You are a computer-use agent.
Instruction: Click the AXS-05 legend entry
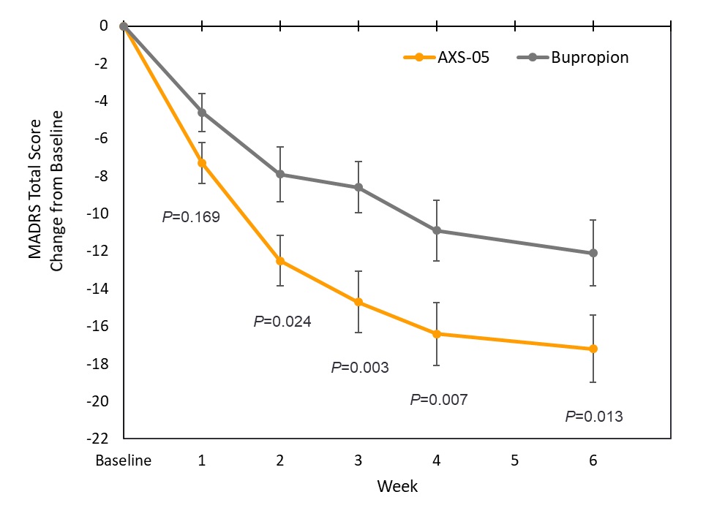(447, 58)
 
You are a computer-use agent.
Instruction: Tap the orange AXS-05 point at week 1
(202, 163)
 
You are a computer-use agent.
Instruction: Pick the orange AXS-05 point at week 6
(593, 349)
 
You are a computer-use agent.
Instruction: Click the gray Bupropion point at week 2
(280, 174)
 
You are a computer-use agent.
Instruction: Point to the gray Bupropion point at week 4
(437, 230)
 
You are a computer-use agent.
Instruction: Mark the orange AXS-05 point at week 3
(358, 302)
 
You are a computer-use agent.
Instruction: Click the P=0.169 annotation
(190, 217)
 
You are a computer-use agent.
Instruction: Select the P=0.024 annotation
(282, 321)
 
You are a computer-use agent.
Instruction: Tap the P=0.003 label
(360, 368)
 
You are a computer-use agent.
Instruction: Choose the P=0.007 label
(438, 400)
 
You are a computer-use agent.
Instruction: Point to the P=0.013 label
(594, 417)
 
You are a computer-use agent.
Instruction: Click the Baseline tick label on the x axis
(124, 461)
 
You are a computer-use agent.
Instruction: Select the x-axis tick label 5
(515, 461)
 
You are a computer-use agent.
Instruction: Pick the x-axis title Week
(397, 486)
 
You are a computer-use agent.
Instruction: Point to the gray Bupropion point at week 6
(593, 253)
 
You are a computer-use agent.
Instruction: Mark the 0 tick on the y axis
(104, 26)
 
